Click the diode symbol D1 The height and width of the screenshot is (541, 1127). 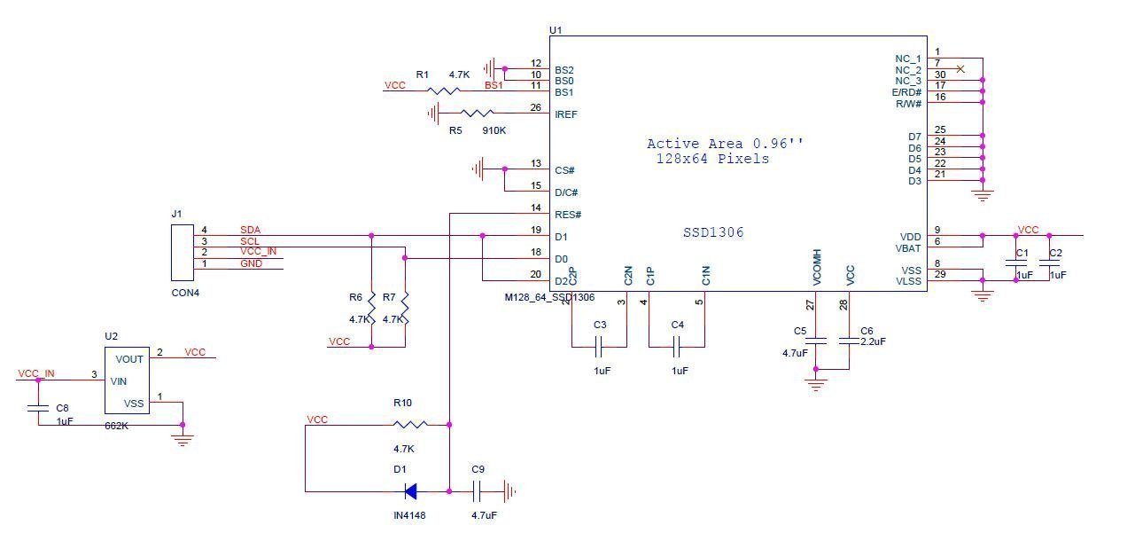pyautogui.click(x=410, y=490)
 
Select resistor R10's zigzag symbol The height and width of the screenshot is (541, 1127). pyautogui.click(x=408, y=425)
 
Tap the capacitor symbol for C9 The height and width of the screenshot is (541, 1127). pyautogui.click(x=478, y=490)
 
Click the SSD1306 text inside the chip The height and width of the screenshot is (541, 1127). pyautogui.click(x=713, y=232)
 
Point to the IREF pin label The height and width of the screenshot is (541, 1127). pyautogui.click(x=567, y=114)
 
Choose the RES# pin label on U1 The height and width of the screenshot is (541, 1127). pyautogui.click(x=568, y=215)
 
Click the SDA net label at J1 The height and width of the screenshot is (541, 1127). pyautogui.click(x=250, y=231)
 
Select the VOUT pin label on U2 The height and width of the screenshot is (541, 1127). pyautogui.click(x=129, y=359)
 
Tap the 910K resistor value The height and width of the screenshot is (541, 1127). pyautogui.click(x=494, y=130)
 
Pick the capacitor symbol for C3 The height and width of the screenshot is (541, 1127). pyautogui.click(x=600, y=346)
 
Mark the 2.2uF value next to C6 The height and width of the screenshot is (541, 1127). pyautogui.click(x=873, y=341)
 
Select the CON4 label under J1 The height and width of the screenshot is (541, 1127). pyautogui.click(x=185, y=292)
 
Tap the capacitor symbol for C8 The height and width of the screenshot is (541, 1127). pyautogui.click(x=38, y=409)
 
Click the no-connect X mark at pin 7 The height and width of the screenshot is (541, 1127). pyautogui.click(x=960, y=68)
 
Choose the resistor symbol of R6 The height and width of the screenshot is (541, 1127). pyautogui.click(x=372, y=307)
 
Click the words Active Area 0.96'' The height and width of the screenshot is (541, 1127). pyautogui.click(x=726, y=144)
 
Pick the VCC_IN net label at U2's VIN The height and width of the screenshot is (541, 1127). pyautogui.click(x=36, y=373)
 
